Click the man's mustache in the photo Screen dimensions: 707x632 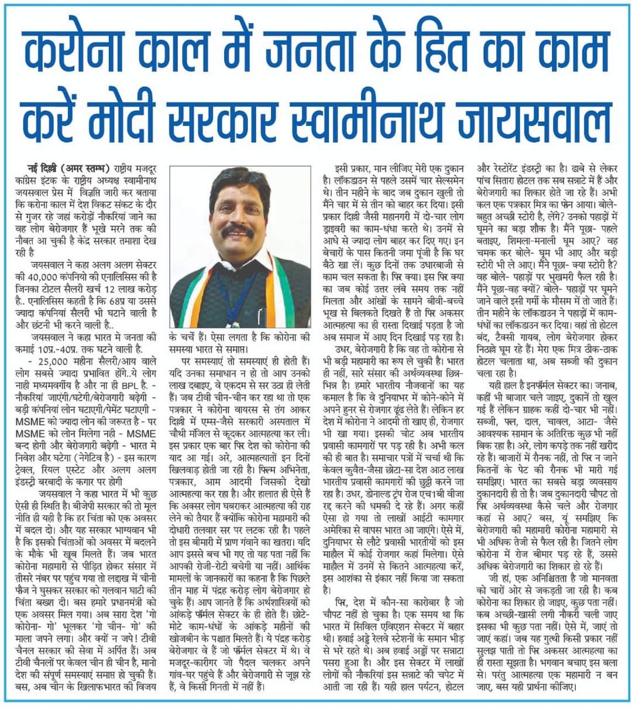(239, 231)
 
